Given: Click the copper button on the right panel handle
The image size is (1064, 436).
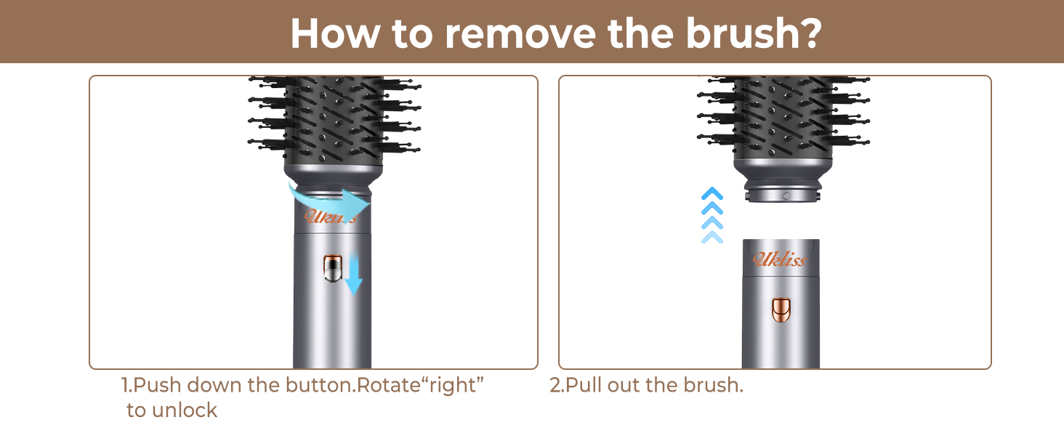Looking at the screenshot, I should click(x=781, y=310).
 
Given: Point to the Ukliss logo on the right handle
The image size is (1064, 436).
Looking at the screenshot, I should click(x=779, y=259).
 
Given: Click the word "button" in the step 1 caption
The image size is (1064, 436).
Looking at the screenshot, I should click(x=318, y=385).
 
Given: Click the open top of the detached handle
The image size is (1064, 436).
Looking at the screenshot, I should click(x=781, y=242).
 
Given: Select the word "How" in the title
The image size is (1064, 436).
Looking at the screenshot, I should click(x=324, y=33).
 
